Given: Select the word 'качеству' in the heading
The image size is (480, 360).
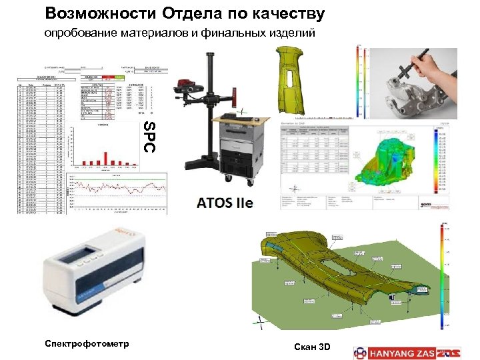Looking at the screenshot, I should tap(286, 13).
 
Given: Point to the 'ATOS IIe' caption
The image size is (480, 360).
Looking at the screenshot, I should tap(225, 203).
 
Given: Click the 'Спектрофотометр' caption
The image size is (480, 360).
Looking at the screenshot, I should tap(87, 343).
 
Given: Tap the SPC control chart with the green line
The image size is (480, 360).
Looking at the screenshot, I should tap(117, 193).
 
